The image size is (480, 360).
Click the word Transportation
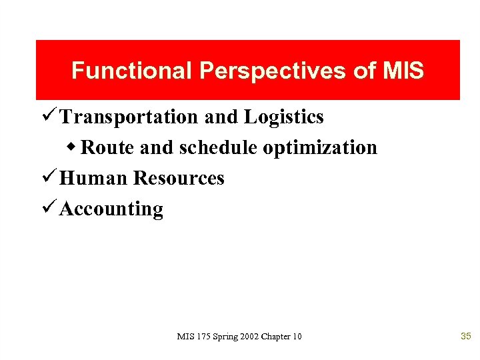pos(129,117)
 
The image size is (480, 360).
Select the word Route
pos(107,147)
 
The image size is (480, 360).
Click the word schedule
pos(217,147)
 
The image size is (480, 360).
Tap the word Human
pos(93,179)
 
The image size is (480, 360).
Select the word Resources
pos(179,179)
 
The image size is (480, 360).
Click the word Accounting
pos(111,209)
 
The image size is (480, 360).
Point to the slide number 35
pos(466,337)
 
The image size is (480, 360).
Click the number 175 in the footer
pos(201,337)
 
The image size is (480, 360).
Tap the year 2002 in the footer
pos(249,337)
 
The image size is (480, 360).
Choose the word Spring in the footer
pos(224,337)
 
